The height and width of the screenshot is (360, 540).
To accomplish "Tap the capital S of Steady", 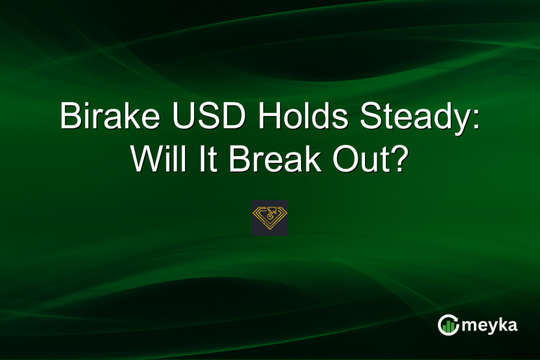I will (x=368, y=117).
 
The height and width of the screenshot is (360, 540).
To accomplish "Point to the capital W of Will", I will (x=143, y=161).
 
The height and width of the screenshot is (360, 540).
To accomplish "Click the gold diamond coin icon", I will (x=270, y=217).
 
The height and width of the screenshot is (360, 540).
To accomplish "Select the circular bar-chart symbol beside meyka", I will (x=447, y=325).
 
